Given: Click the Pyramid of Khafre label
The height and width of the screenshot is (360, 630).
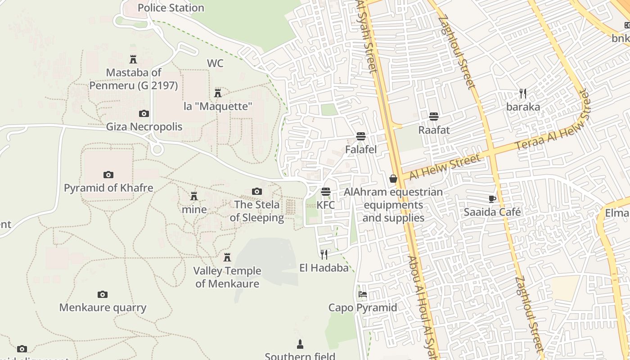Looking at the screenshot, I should click(x=108, y=188).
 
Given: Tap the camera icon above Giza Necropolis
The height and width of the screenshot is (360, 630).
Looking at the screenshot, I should click(x=144, y=113).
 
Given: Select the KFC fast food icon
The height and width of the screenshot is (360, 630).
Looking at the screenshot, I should click(x=326, y=192).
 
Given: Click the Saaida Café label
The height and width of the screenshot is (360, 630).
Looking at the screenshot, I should click(x=492, y=212).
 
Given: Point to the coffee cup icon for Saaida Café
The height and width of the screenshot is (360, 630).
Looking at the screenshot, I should click(x=492, y=199).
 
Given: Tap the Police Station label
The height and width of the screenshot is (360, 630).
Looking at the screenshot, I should click(x=171, y=8).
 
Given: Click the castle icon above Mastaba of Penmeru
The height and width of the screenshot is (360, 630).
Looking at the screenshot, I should click(x=133, y=59).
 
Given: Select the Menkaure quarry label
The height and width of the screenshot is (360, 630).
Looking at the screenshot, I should click(x=103, y=308).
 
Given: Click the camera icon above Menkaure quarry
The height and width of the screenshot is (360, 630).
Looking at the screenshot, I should click(x=103, y=295).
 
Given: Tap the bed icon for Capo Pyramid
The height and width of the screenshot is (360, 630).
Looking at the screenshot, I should click(x=363, y=295).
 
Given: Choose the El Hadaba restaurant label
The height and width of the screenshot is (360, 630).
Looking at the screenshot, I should click(x=324, y=268).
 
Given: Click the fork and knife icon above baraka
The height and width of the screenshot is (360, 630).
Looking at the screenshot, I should click(x=523, y=94).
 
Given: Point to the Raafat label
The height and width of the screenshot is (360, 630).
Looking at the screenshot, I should click(x=434, y=130).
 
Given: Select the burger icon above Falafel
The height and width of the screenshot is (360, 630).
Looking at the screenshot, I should click(x=360, y=136).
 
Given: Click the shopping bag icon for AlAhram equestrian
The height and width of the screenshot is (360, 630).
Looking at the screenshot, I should click(x=393, y=179).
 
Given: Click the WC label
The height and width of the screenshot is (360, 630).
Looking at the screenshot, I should click(x=215, y=63).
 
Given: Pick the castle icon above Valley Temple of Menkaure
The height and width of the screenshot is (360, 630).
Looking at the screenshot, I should click(x=227, y=257).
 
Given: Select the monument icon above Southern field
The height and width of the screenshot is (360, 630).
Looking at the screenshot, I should click(x=300, y=345).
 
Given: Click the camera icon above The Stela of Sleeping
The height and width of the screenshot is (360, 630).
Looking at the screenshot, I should click(x=257, y=192).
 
